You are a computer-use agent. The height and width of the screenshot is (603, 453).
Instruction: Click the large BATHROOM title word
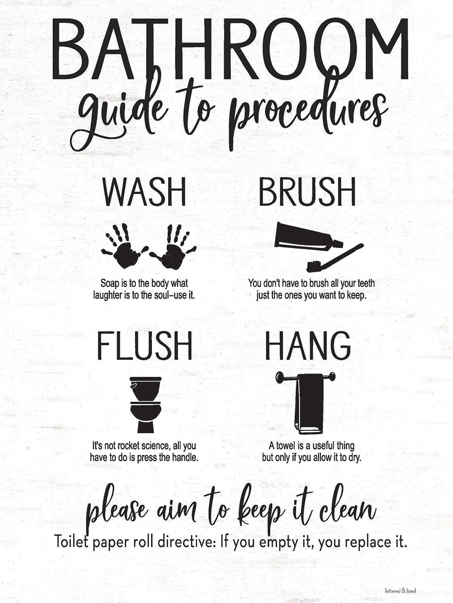(x=229, y=49)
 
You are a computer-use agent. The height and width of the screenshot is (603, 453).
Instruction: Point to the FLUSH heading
(x=145, y=346)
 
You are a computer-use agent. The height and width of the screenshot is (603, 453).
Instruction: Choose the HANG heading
(x=308, y=346)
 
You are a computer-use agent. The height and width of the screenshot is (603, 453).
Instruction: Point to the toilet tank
(x=145, y=388)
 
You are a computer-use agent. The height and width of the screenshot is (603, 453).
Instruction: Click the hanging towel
(x=309, y=404)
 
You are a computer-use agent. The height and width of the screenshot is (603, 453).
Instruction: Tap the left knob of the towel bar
(x=280, y=376)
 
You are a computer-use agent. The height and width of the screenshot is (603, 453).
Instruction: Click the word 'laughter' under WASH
(x=109, y=295)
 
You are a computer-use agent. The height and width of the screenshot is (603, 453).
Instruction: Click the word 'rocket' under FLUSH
(x=130, y=445)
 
